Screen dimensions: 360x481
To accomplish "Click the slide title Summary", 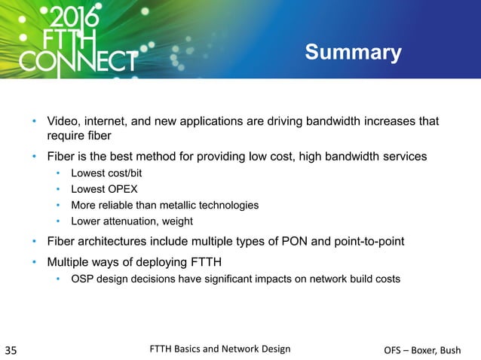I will tap(353, 53).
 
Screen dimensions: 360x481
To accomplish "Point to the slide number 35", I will tap(13, 349).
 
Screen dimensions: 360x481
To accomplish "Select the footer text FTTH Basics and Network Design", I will tap(219, 349).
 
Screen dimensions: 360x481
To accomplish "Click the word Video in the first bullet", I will tap(63, 122).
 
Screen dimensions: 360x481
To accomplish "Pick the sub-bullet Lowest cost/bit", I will tap(106, 173).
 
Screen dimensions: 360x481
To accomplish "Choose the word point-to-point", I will tap(369, 242).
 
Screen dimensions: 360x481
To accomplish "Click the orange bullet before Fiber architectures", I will tap(34, 242).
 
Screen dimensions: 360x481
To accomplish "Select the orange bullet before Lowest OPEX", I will tap(58, 189).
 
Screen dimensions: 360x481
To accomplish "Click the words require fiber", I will tap(80, 136).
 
